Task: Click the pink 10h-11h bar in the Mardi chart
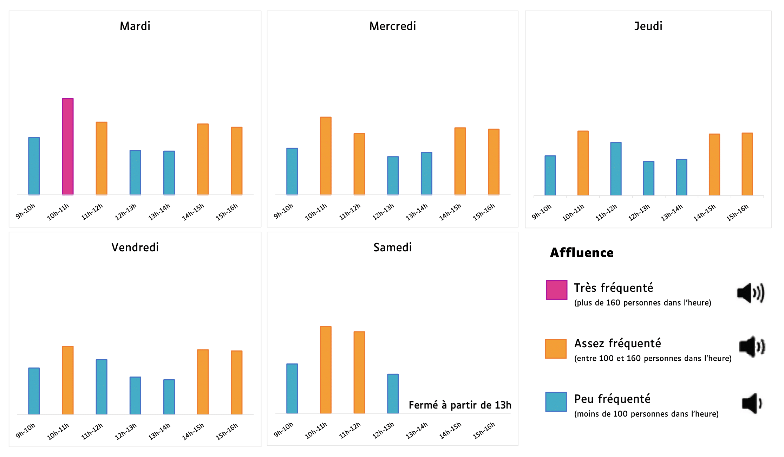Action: (x=68, y=147)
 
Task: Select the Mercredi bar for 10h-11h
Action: (x=326, y=156)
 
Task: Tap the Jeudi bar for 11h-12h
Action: (x=616, y=169)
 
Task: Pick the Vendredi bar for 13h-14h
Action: (x=169, y=397)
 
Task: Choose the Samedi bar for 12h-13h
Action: (x=393, y=393)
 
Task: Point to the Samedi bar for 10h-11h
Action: (x=326, y=370)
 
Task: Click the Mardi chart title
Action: (x=135, y=26)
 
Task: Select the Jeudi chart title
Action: (x=648, y=26)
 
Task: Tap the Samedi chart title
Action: (x=392, y=247)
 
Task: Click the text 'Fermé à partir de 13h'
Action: (x=460, y=405)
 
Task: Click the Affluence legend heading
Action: (x=582, y=253)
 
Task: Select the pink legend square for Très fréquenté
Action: (x=556, y=290)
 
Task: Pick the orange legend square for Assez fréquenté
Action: (x=556, y=348)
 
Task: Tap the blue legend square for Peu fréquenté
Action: (x=556, y=401)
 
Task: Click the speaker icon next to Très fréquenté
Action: (x=751, y=292)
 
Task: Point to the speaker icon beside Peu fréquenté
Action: (x=751, y=403)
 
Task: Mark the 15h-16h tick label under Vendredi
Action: (x=227, y=431)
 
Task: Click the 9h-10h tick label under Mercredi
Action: (x=283, y=211)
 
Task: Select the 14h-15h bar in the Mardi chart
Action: (x=203, y=159)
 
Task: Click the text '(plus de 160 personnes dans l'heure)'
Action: (x=642, y=303)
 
